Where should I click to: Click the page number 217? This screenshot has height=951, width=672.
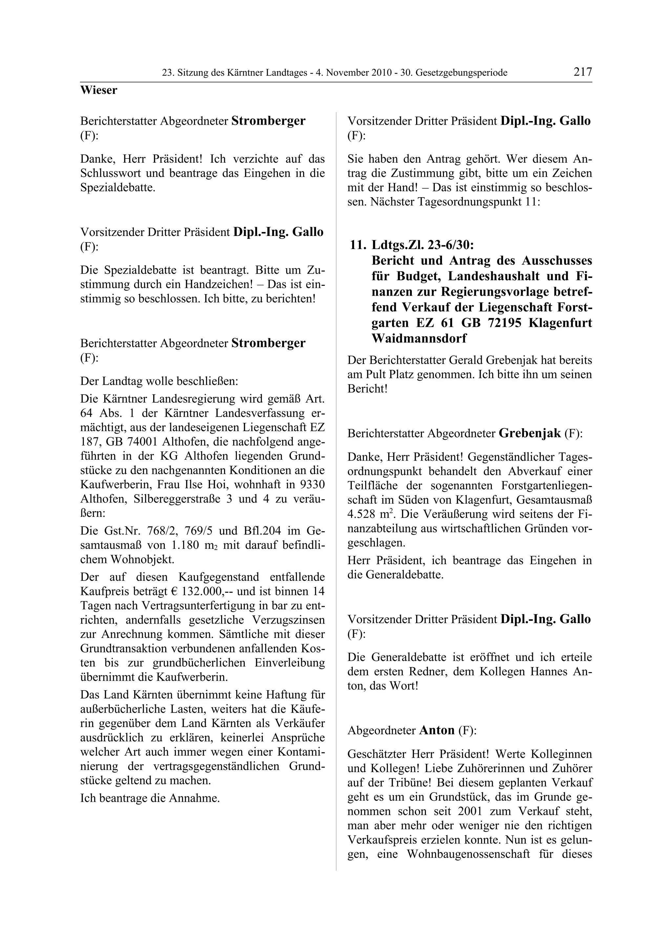point(582,72)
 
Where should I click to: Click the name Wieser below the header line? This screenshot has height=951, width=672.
point(98,90)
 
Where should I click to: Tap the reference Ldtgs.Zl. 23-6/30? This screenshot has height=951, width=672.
point(423,245)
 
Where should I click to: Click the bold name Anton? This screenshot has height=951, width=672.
point(437,730)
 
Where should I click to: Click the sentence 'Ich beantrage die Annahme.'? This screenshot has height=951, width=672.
point(150,798)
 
